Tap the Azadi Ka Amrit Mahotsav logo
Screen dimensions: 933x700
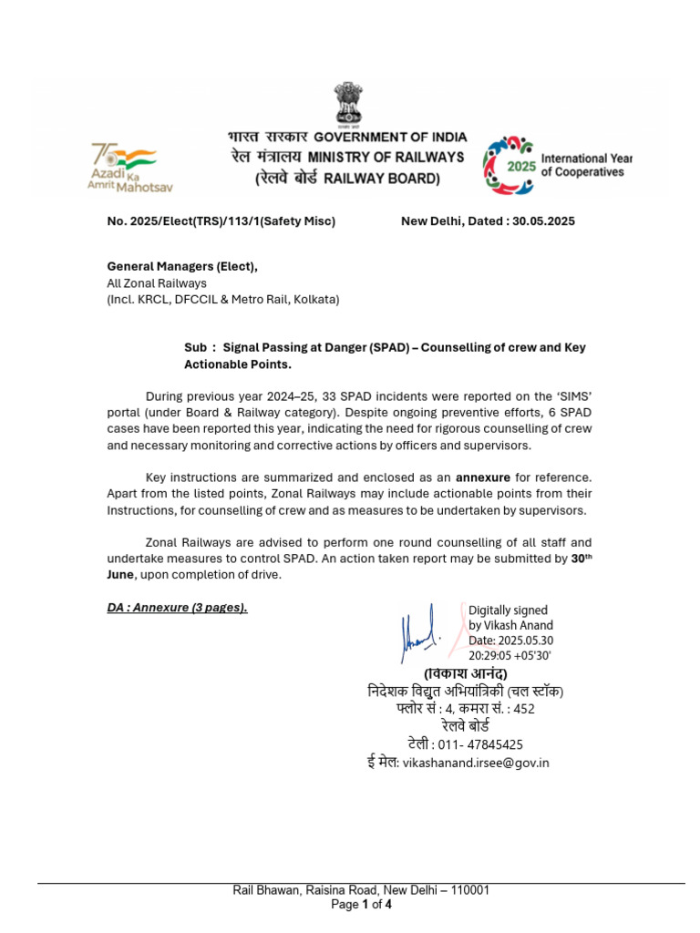[x=128, y=167]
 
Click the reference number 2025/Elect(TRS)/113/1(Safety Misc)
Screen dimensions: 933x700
[x=231, y=221]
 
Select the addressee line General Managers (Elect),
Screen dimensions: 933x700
[x=182, y=266]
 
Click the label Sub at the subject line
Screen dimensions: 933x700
[x=195, y=348]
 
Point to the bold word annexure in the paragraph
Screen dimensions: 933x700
[x=484, y=477]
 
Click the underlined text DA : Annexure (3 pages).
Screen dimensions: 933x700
[x=177, y=608]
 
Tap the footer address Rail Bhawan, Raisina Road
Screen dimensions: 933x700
[x=305, y=890]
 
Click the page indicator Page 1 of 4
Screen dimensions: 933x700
[x=362, y=905]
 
